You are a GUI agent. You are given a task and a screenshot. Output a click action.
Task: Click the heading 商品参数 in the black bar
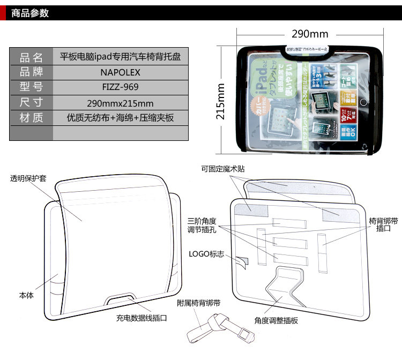coord(30,13)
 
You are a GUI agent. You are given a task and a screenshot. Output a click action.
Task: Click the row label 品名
coord(31,57)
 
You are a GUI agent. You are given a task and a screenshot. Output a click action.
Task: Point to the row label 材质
coord(31,118)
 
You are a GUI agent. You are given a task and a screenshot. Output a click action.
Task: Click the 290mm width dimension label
coord(310,34)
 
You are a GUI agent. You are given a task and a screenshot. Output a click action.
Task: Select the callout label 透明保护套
coord(28,178)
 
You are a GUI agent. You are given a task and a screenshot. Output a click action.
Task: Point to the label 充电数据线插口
coord(142,318)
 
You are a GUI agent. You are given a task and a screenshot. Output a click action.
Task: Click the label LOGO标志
coord(206,253)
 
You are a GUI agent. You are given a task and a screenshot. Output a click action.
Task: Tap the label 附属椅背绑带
coord(199,303)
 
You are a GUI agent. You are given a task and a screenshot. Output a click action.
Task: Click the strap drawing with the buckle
coord(217,331)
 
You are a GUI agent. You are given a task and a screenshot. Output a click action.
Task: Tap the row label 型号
coord(31,87)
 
